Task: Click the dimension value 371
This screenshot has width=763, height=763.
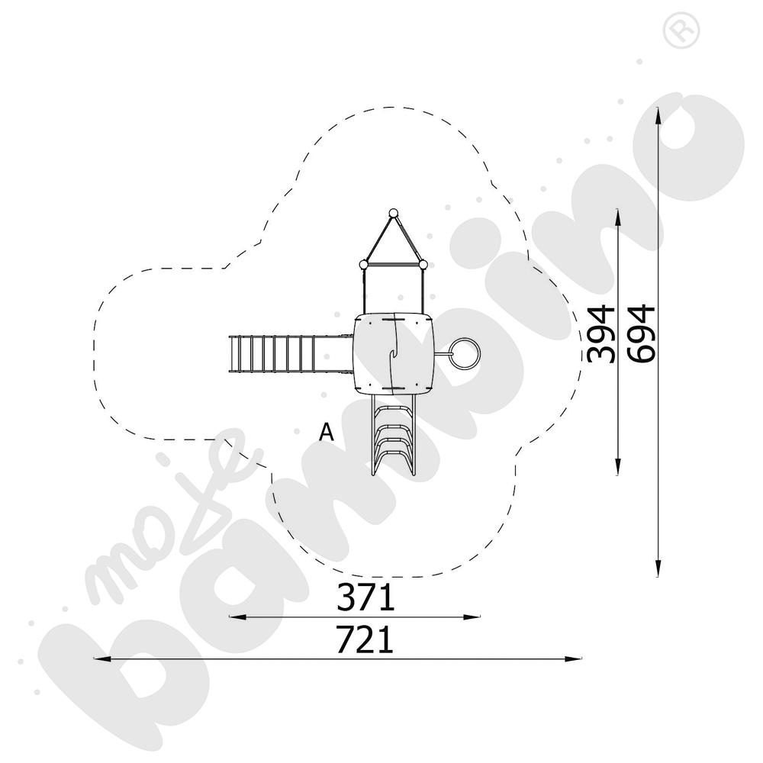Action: coord(365,597)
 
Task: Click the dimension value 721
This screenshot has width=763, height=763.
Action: coord(365,639)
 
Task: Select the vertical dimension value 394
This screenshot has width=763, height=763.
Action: coord(602,333)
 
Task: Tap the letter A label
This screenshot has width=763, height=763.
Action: coord(327,433)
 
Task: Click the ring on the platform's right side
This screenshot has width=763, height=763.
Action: coord(464,353)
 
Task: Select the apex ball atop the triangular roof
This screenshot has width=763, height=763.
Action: coord(394,213)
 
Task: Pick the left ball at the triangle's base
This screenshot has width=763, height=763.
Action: coord(364,265)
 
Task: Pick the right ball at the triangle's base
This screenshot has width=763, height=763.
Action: coord(423,265)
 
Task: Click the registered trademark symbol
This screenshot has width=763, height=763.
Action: coord(675,31)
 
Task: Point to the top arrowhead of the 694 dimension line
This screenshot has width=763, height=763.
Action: coord(658,113)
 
